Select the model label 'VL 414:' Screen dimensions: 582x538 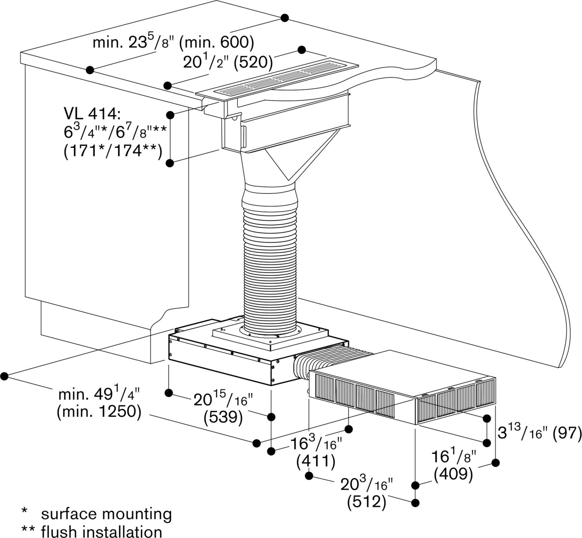pyautogui.click(x=93, y=114)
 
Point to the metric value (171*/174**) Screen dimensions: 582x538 pyautogui.click(x=113, y=151)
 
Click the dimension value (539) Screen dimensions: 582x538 pyautogui.click(x=223, y=417)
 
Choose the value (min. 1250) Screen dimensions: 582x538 pyautogui.click(x=99, y=412)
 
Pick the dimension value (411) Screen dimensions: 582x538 pyautogui.click(x=316, y=461)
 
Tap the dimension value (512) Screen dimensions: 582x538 pyautogui.click(x=367, y=502)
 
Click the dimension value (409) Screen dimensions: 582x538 pyautogui.click(x=454, y=474)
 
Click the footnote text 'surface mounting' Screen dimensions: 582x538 pyautogui.click(x=107, y=514)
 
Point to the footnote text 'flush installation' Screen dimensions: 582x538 pyautogui.click(x=102, y=531)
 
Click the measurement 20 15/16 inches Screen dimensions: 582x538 pyautogui.click(x=224, y=400)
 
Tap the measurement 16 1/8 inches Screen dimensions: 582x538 pyautogui.click(x=454, y=457)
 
